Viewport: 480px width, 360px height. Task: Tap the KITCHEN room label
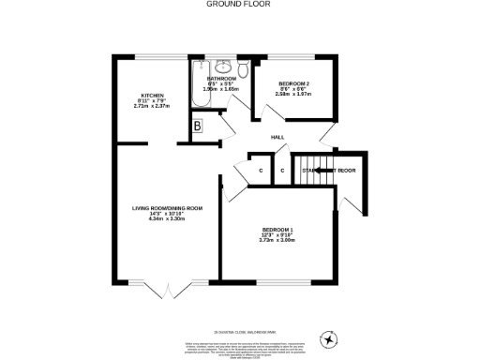(154, 95)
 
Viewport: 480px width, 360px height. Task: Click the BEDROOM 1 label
(277, 229)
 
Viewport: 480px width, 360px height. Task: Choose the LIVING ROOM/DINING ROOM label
(168, 207)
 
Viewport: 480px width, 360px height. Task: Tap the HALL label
(277, 137)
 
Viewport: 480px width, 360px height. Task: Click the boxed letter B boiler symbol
(198, 127)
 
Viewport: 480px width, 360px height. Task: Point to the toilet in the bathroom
(242, 68)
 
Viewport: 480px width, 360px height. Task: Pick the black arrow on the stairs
(321, 170)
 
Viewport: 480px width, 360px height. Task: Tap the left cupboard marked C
(261, 171)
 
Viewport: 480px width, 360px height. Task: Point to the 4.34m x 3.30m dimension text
(168, 218)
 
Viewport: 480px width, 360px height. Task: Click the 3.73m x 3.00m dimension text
(277, 240)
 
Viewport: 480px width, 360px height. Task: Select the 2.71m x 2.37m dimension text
(154, 106)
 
